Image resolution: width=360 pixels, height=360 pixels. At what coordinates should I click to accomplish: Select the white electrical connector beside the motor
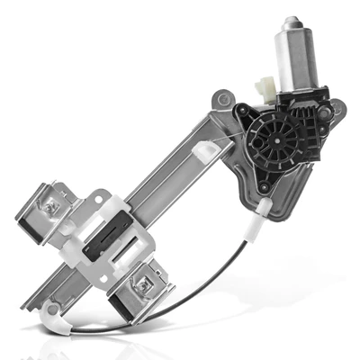pyautogui.click(x=267, y=88)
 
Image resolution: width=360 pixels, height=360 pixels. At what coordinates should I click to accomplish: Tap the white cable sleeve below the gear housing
pyautogui.click(x=264, y=211)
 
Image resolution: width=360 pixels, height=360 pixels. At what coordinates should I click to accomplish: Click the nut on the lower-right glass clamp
pyautogui.click(x=142, y=284)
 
